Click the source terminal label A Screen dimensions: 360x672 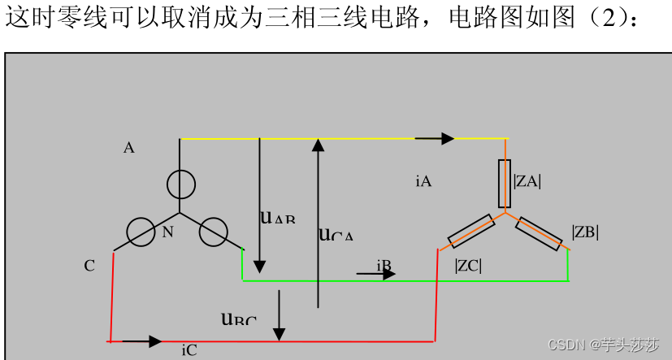tap(129, 148)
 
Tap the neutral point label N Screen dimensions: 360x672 tap(168, 232)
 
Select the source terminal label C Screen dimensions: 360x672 tap(89, 266)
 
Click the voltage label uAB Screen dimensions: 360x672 tap(277, 217)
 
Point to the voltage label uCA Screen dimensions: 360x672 tap(336, 235)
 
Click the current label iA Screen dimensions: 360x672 tap(423, 182)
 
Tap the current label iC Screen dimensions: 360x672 tap(189, 350)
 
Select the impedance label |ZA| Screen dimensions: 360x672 tap(527, 181)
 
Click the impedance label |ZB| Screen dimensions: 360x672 tap(585, 232)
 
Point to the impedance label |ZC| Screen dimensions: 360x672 tap(468, 265)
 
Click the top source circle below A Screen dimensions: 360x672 tap(180, 185)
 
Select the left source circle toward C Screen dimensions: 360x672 tap(141, 232)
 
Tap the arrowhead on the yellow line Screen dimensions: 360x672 tap(446, 139)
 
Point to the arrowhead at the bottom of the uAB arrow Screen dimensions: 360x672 tap(259, 267)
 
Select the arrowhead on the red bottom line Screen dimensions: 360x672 tap(154, 341)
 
